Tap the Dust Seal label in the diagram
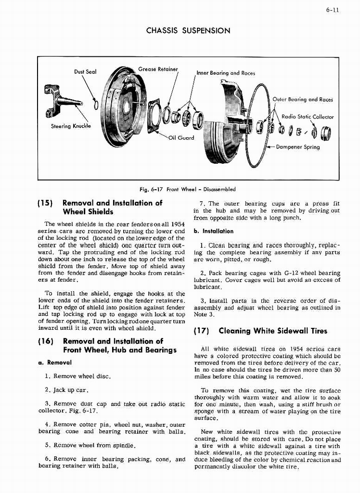[x=85, y=72]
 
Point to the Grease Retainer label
[x=158, y=69]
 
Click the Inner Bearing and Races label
[x=226, y=73]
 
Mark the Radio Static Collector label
[x=307, y=117]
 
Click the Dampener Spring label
[x=298, y=147]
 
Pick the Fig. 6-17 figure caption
[x=188, y=189]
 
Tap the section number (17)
[x=202, y=331]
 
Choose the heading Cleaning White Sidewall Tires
[x=272, y=331]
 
